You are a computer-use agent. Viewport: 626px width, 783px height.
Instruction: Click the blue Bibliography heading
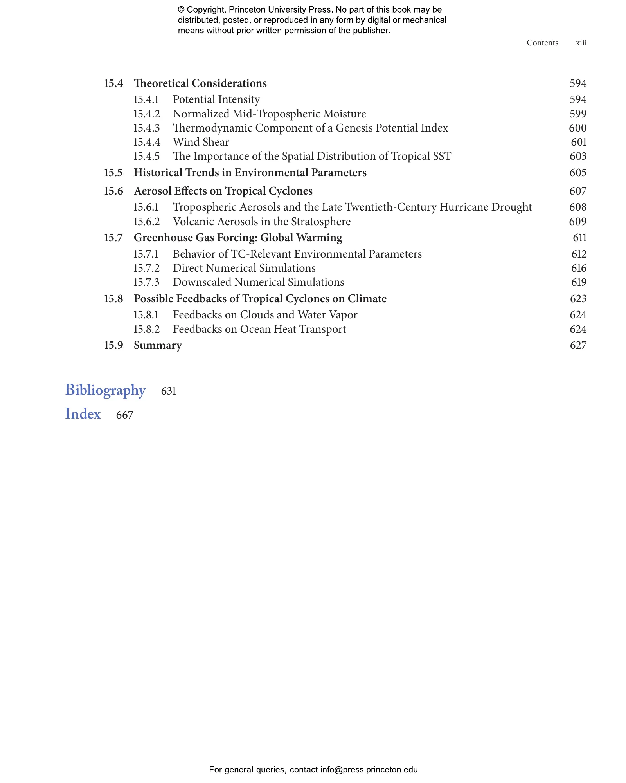coord(105,390)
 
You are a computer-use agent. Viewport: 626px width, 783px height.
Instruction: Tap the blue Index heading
coord(83,414)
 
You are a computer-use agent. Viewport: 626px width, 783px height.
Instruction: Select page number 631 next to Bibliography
coord(168,391)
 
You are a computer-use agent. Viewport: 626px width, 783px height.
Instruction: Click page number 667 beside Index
coord(124,415)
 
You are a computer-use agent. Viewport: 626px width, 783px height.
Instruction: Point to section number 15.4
coord(113,83)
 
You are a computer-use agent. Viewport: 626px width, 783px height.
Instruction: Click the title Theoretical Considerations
coord(200,83)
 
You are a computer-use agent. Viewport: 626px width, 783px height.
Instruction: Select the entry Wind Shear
coord(201,142)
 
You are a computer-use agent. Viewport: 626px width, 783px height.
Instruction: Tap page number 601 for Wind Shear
coord(578,142)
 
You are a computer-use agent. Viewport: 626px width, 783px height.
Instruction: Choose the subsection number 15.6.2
coord(146,222)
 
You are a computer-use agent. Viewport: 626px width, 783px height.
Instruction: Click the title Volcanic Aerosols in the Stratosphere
coord(261,222)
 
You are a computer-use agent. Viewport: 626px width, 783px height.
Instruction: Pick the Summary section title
coord(158,345)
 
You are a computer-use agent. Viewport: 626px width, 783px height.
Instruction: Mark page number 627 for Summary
coord(578,345)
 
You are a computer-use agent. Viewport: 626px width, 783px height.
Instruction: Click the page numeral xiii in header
coord(581,43)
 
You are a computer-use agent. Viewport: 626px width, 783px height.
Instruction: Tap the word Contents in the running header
coord(542,43)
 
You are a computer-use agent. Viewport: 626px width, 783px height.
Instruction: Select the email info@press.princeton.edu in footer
coord(369,770)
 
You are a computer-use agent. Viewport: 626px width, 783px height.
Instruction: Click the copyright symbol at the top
coord(181,10)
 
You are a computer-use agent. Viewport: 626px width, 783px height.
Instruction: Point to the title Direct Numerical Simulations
coord(244,268)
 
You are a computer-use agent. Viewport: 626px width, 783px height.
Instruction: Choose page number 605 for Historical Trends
coord(578,173)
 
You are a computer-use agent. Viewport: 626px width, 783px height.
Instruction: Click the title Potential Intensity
coord(216,99)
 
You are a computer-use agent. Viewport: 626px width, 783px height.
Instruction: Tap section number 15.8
coord(113,299)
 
